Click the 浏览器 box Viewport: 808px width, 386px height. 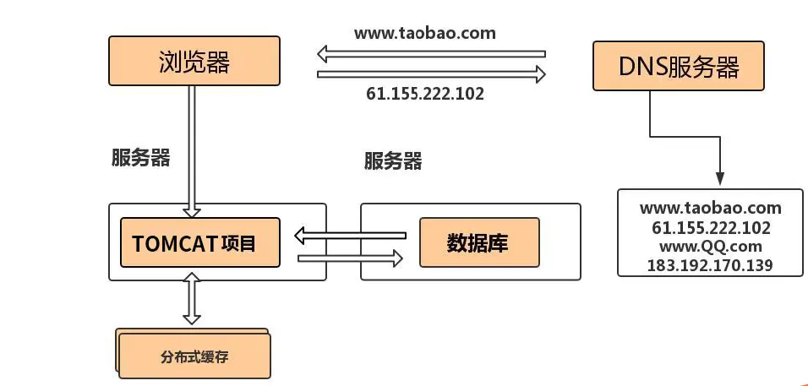[x=194, y=62]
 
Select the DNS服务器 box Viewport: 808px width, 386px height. [x=679, y=67]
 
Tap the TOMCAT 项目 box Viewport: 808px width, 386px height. [x=200, y=242]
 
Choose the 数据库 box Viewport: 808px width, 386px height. [x=478, y=242]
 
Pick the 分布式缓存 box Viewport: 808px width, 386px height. [x=194, y=356]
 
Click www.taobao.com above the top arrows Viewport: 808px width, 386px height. [x=425, y=34]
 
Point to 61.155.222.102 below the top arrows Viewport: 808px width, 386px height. [x=425, y=94]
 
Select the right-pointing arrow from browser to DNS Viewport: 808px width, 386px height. [x=431, y=74]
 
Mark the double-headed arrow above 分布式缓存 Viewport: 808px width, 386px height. [x=193, y=298]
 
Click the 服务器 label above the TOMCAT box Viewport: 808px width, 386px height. [x=140, y=158]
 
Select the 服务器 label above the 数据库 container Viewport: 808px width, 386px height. [x=393, y=160]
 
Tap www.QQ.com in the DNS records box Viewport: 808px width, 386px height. [x=710, y=247]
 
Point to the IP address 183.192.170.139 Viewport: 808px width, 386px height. [x=710, y=265]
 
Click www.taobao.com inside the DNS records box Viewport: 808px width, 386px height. [x=710, y=208]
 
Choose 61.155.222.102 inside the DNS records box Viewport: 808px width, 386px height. [x=710, y=227]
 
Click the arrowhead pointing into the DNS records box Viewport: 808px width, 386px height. [x=719, y=178]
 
